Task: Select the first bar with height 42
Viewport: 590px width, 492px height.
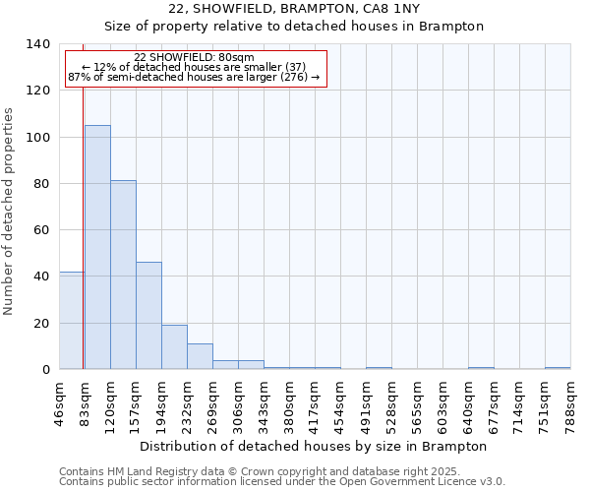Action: click(x=71, y=320)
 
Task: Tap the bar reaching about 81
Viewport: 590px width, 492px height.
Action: click(x=123, y=275)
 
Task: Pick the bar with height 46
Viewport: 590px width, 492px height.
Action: click(x=148, y=315)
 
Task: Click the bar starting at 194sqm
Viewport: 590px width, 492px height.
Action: click(x=174, y=346)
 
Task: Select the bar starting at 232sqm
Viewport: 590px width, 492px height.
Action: click(x=200, y=356)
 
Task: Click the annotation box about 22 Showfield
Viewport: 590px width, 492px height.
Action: click(x=195, y=68)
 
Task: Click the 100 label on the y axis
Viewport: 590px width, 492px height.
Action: click(x=37, y=137)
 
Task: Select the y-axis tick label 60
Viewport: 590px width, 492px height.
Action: click(x=41, y=230)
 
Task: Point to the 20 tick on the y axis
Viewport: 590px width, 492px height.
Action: click(x=41, y=323)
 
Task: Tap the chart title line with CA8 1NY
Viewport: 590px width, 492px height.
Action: click(x=294, y=9)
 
